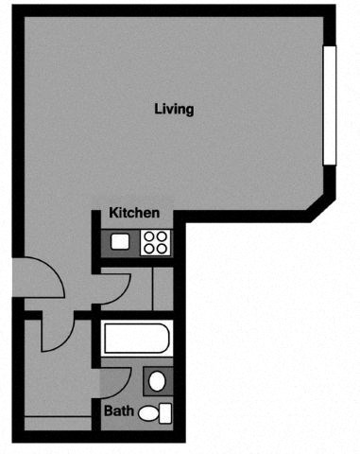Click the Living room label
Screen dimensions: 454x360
(174, 109)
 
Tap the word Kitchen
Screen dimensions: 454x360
(134, 213)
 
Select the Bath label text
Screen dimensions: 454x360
(118, 411)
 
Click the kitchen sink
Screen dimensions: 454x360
(120, 242)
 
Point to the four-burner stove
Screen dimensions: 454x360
(155, 242)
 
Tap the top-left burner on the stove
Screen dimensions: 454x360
(148, 236)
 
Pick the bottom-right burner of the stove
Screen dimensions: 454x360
(162, 249)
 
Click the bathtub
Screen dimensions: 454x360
(138, 339)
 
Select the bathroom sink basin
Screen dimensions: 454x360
(158, 381)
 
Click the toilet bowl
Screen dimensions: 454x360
(149, 412)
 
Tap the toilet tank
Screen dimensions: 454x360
(166, 412)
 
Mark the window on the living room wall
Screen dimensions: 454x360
(329, 104)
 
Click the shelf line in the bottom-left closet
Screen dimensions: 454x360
(57, 417)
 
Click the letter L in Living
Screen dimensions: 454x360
(158, 109)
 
